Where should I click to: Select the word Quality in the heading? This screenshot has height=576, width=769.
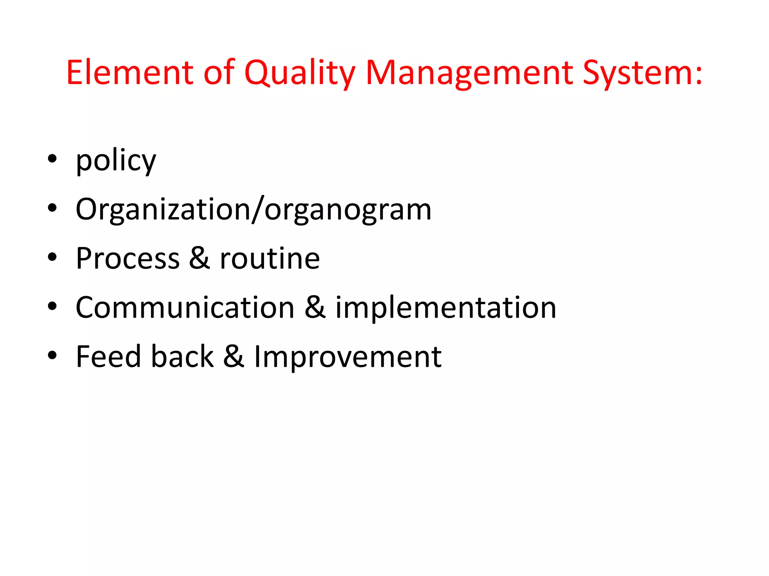coord(299,73)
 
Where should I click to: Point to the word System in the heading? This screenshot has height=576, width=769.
coord(635,73)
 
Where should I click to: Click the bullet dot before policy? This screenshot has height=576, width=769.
coord(52,158)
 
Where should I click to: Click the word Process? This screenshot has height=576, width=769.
coord(128,259)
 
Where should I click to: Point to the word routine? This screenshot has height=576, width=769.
coord(270,259)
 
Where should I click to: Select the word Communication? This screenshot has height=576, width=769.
coord(185,308)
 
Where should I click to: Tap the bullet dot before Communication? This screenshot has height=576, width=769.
coord(52,306)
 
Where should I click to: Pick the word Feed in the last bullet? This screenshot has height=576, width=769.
coord(108,357)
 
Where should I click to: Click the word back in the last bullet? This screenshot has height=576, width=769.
coord(182,357)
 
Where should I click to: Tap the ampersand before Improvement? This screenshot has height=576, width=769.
coord(234,357)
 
